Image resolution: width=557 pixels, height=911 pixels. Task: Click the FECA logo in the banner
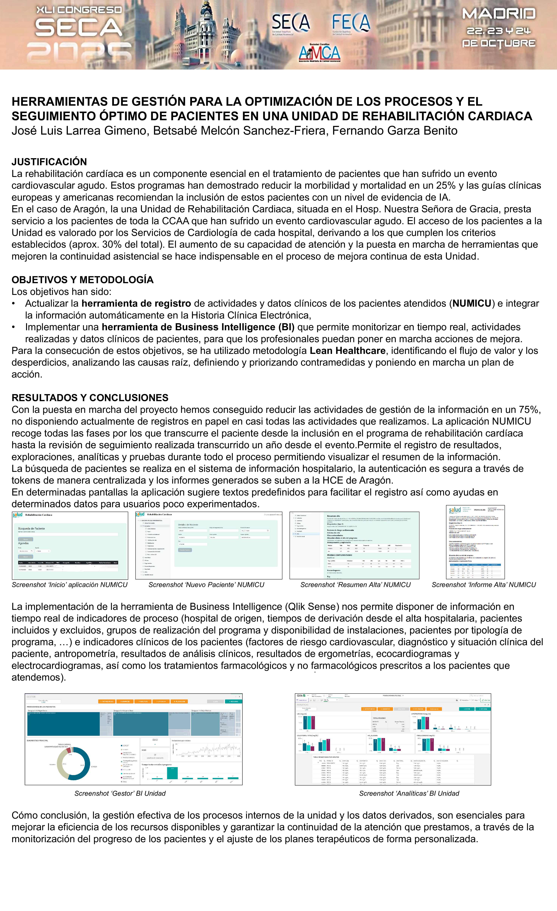coord(350,23)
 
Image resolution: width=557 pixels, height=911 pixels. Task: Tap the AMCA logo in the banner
coord(319,53)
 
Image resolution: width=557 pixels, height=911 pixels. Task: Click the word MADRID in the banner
coord(499,14)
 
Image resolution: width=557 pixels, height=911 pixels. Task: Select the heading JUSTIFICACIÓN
coord(49,162)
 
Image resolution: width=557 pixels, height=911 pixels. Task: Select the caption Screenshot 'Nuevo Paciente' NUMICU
coord(206,585)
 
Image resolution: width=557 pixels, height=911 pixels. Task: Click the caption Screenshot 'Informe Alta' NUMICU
coord(484,585)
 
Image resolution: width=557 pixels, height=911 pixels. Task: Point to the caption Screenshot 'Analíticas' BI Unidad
coord(409,793)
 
